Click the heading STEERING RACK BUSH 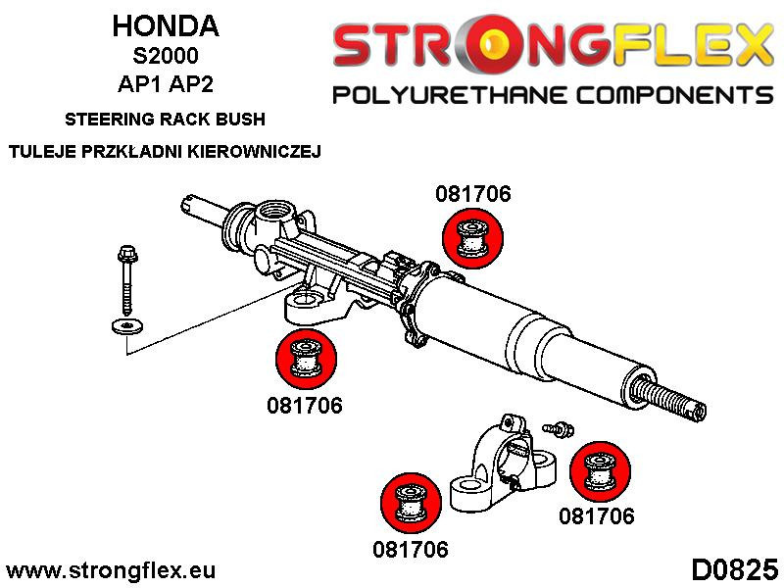point(165,121)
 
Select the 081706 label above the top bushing point(472,194)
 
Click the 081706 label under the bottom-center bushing point(410,549)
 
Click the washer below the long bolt point(124,325)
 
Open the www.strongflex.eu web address point(111,570)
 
